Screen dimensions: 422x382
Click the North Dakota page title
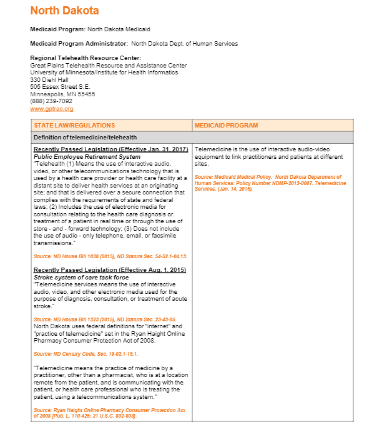64,11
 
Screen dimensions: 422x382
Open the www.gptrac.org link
47,109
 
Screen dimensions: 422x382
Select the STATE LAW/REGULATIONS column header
74,126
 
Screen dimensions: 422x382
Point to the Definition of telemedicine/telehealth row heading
85,138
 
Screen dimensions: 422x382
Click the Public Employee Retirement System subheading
87,156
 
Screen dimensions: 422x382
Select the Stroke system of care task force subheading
81,277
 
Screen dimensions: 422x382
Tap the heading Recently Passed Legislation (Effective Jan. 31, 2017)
110,149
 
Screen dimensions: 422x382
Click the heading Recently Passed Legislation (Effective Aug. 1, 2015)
109,270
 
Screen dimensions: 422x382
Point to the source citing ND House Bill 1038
110,256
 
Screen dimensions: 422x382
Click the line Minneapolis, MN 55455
62,94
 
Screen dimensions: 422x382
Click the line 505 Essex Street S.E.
60,87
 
